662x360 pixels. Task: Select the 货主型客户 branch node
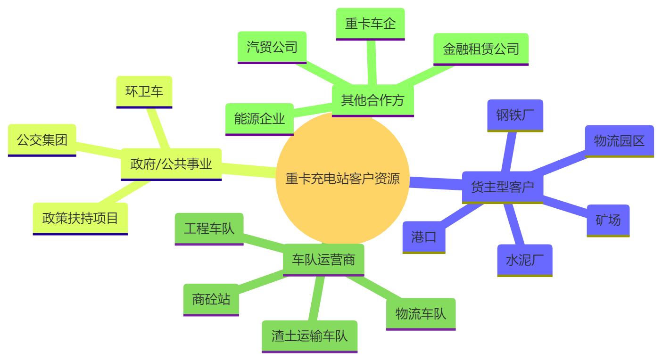pos(503,187)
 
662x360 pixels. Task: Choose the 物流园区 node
pos(619,141)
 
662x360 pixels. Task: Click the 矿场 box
pos(608,220)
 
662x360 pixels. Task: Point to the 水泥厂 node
pos(524,260)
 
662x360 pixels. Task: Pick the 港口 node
pos(423,237)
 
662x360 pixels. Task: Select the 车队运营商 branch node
pos(323,260)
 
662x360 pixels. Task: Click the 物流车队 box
pos(421,314)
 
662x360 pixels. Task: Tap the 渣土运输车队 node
pos(309,336)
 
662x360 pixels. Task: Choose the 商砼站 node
pos(211,299)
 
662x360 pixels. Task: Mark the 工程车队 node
pos(209,229)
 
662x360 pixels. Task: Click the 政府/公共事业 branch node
pos(171,164)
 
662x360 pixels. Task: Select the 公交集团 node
pos(42,140)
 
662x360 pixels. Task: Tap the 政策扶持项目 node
pos(80,218)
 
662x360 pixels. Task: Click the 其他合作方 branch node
pos(372,100)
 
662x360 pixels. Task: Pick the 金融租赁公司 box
pos(480,49)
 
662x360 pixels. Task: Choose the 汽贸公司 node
pos(272,47)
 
